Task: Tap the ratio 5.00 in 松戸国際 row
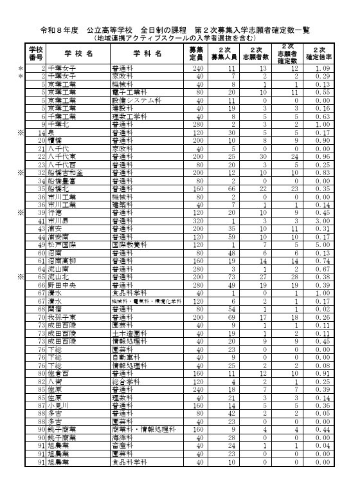[323, 245]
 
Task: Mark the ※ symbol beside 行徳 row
[21, 213]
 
